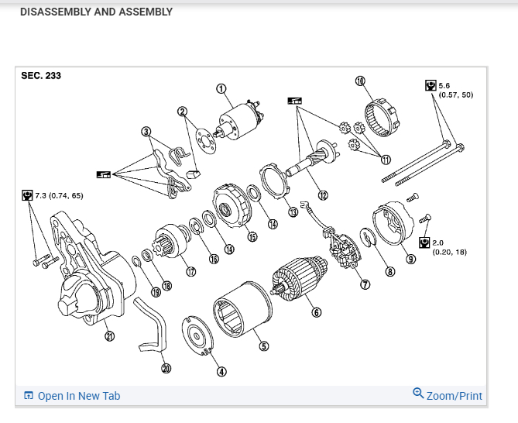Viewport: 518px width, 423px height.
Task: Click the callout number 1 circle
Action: point(221,89)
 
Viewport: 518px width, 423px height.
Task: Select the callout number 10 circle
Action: point(360,80)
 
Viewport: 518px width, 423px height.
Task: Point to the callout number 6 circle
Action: point(316,312)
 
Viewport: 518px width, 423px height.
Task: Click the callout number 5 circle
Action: point(263,346)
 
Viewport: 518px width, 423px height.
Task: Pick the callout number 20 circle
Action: point(165,368)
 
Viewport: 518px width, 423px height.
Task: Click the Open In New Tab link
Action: point(78,396)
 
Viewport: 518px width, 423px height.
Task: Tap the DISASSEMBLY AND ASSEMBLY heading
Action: point(96,12)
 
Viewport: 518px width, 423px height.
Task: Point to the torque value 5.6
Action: point(444,84)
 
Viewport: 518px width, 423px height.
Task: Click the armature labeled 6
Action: point(295,284)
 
